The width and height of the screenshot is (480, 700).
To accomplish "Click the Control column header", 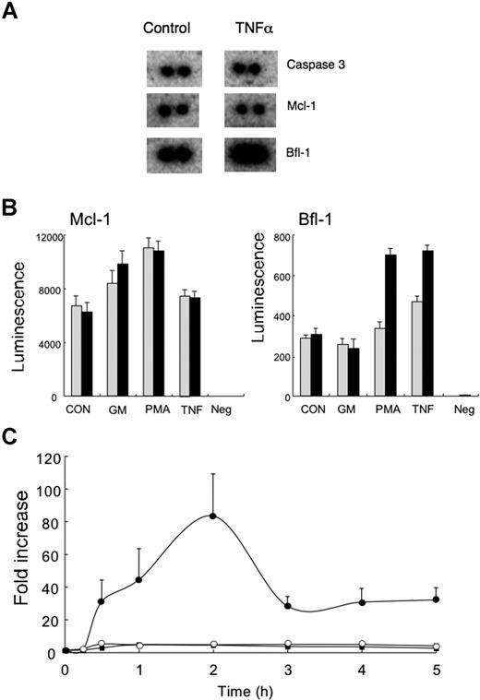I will pos(166,28).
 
